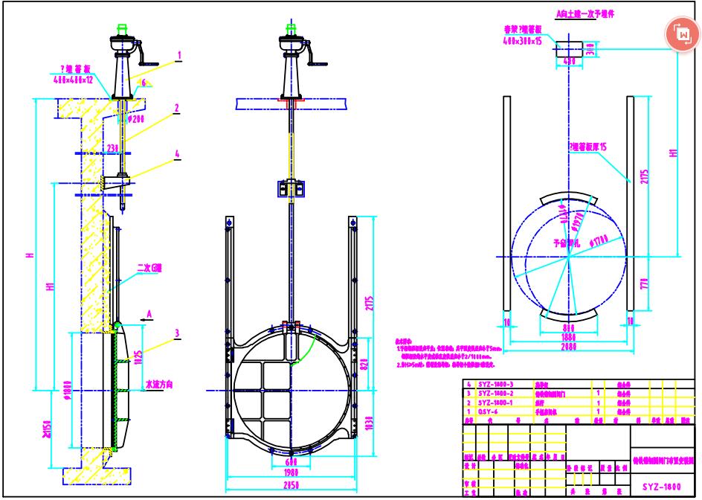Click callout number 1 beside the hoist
(x=179, y=55)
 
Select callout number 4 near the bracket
(x=177, y=155)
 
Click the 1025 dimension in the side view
(x=138, y=356)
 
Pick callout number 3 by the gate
(x=177, y=333)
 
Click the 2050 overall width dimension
(x=290, y=484)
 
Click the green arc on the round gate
(x=307, y=350)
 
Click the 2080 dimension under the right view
(x=569, y=345)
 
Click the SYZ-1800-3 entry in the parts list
(x=495, y=383)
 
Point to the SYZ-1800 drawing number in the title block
(x=660, y=487)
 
